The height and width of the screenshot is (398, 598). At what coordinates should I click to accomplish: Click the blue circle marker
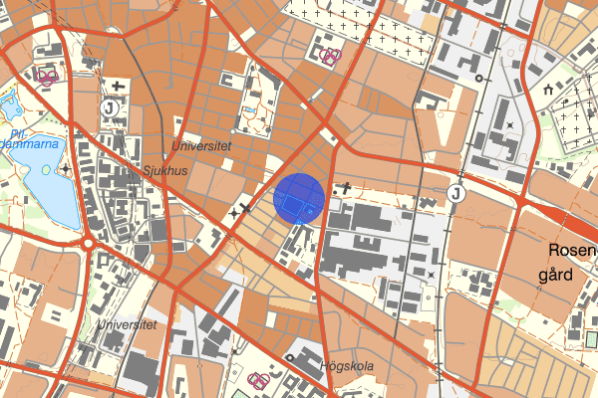299,197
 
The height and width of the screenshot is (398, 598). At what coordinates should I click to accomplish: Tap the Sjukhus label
164,169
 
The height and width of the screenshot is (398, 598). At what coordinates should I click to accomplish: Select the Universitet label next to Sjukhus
201,145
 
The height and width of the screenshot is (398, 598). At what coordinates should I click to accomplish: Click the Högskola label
347,366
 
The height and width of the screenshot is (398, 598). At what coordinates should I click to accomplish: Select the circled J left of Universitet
109,105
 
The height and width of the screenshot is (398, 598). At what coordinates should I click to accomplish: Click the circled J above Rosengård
456,193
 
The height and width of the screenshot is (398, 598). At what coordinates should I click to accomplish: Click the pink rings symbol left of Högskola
258,379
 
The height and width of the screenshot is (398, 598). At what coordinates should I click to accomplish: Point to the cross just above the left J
119,86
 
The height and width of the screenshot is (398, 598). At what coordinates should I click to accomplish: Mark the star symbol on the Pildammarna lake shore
67,169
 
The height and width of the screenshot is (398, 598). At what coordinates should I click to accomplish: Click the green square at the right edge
592,339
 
